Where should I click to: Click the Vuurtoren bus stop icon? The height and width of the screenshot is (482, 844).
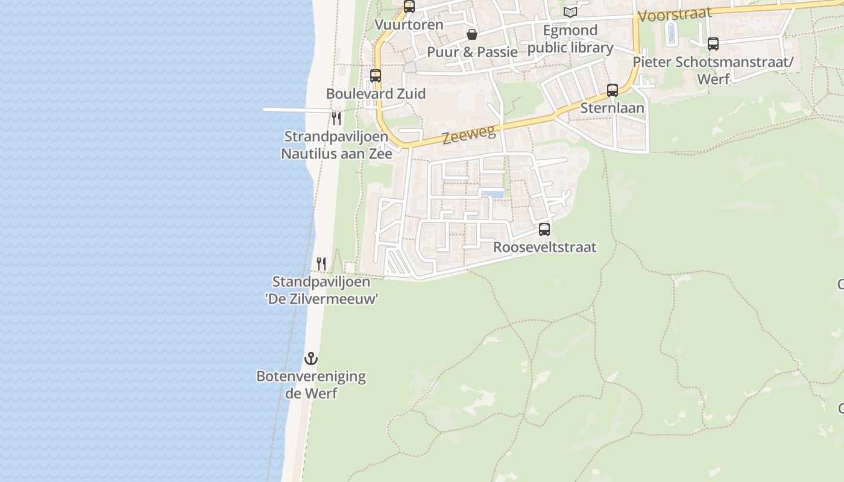click(409, 7)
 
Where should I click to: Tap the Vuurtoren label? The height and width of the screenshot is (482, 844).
click(409, 25)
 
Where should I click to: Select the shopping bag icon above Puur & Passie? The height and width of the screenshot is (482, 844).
click(472, 34)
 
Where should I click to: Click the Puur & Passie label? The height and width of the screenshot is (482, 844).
click(472, 52)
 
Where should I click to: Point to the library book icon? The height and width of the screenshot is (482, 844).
click(570, 12)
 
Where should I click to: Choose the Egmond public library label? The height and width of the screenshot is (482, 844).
click(570, 39)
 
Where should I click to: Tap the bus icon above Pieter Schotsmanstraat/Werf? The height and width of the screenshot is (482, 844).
click(713, 44)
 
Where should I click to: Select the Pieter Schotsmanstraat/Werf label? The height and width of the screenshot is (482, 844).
click(714, 70)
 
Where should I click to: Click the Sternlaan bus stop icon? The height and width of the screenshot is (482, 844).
click(613, 90)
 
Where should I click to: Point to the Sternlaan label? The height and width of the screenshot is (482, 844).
click(612, 108)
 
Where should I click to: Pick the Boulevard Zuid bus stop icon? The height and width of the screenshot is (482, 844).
click(376, 76)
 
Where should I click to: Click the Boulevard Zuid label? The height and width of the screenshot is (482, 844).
click(376, 93)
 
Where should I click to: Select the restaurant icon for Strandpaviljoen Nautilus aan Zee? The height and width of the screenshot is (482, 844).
click(336, 118)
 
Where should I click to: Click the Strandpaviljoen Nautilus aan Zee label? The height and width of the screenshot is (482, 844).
click(336, 145)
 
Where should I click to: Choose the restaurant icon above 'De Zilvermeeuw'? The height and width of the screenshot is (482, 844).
click(321, 263)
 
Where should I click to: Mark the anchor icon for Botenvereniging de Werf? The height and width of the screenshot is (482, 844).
click(310, 358)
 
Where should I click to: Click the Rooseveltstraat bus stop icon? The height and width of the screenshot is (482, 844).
click(544, 230)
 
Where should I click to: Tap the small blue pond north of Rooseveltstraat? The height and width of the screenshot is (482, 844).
click(493, 194)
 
